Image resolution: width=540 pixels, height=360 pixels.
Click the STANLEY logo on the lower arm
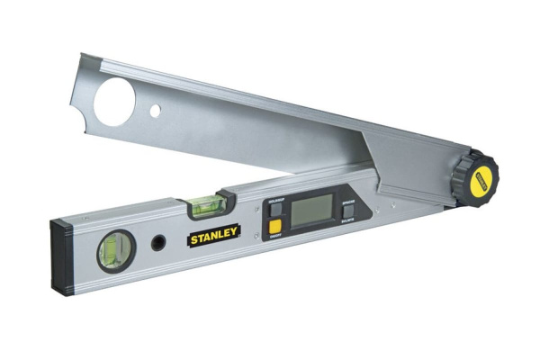213,237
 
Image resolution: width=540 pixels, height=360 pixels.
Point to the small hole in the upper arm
156,112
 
